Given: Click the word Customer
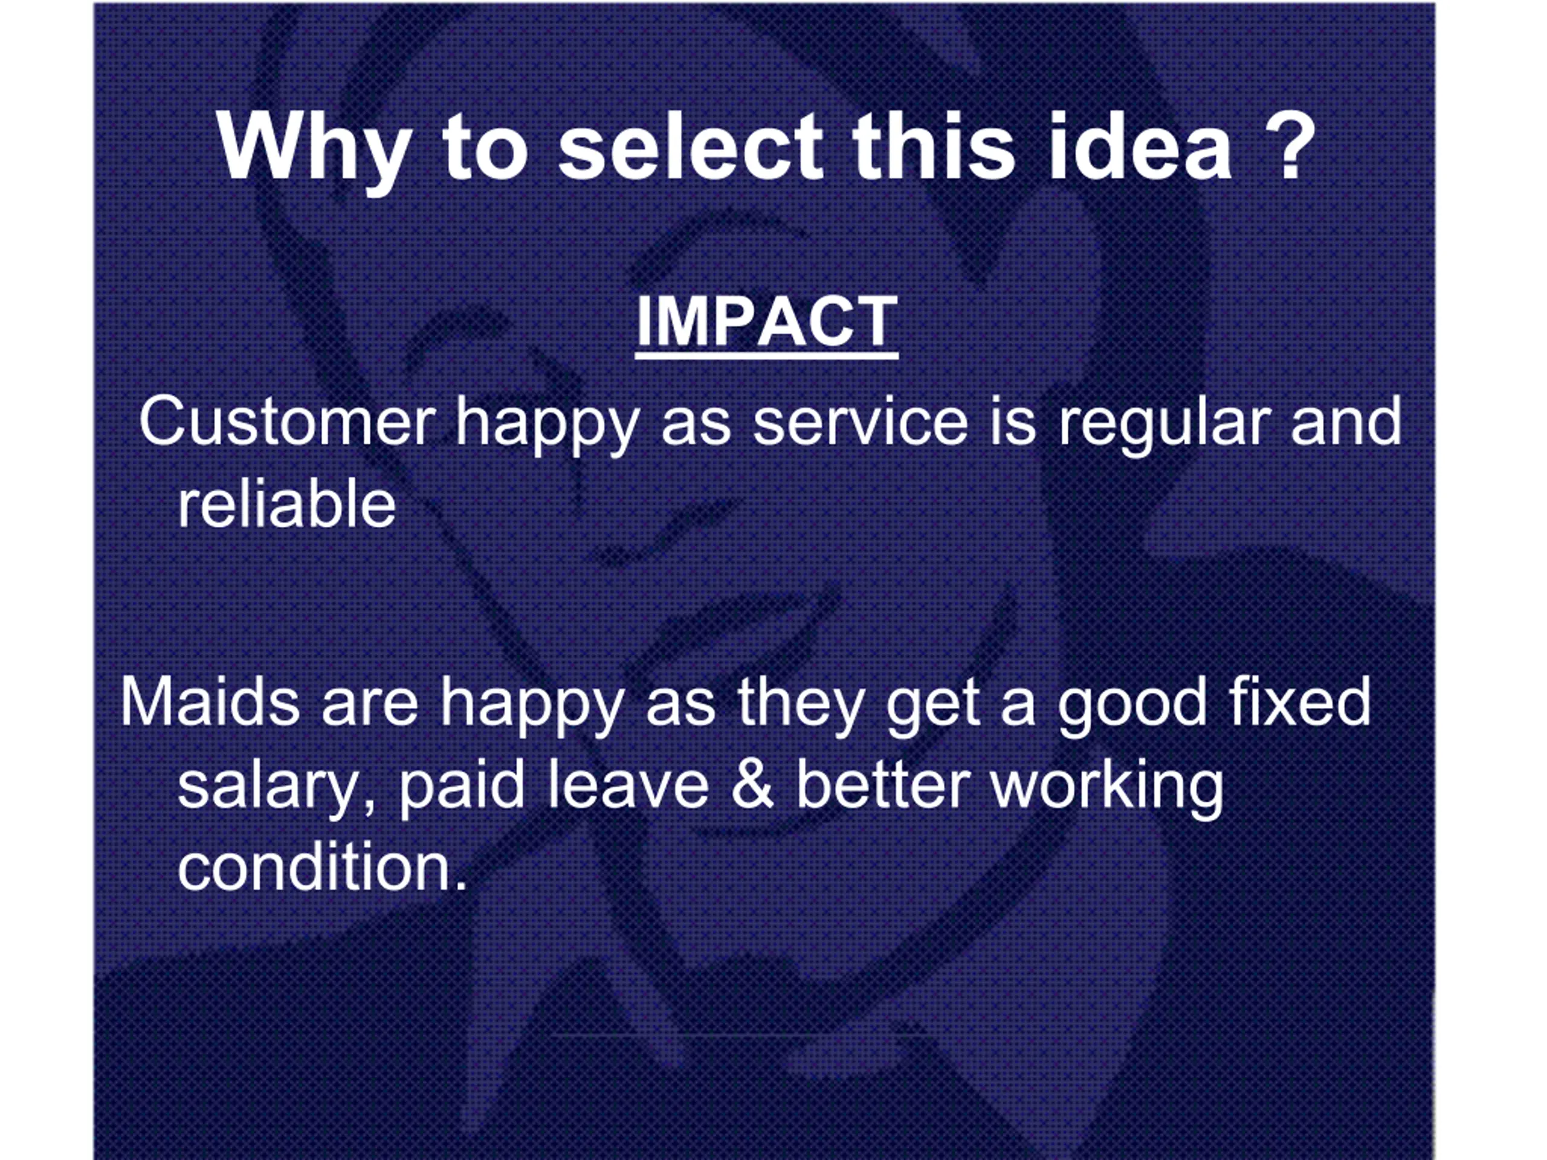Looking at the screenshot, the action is point(288,422).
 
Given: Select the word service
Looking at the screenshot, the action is point(861,422).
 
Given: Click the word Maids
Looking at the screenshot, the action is point(210,702).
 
